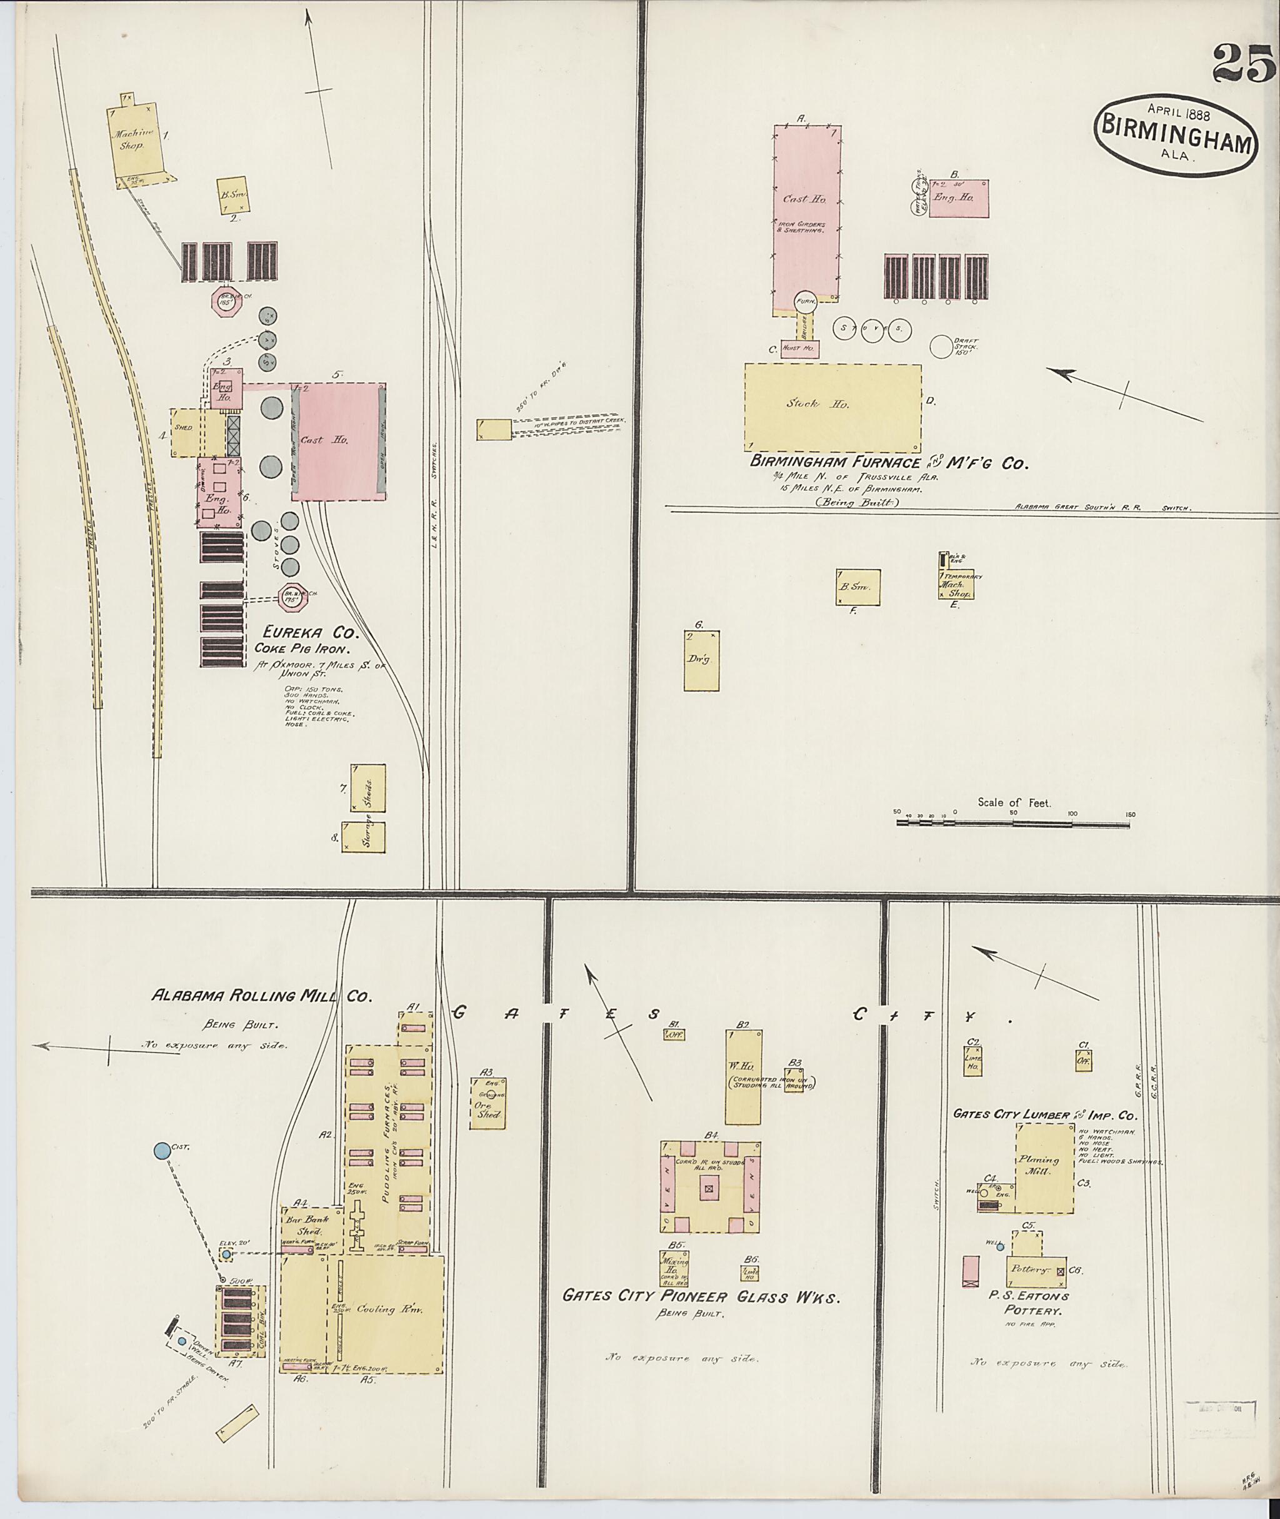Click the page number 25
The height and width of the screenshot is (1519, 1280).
[x=1242, y=64]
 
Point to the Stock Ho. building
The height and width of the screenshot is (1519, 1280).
[x=833, y=406]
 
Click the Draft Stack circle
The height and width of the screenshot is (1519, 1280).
[x=941, y=346]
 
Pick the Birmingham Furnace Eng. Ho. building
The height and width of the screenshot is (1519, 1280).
[x=959, y=198]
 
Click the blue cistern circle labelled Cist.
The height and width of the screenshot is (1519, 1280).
[x=161, y=1151]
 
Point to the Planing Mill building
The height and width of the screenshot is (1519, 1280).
[x=1044, y=1169]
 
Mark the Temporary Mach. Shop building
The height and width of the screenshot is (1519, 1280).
[x=955, y=584]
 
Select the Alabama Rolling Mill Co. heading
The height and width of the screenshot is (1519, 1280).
[x=261, y=996]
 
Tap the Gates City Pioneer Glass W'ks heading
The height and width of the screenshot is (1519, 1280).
[x=702, y=1297]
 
